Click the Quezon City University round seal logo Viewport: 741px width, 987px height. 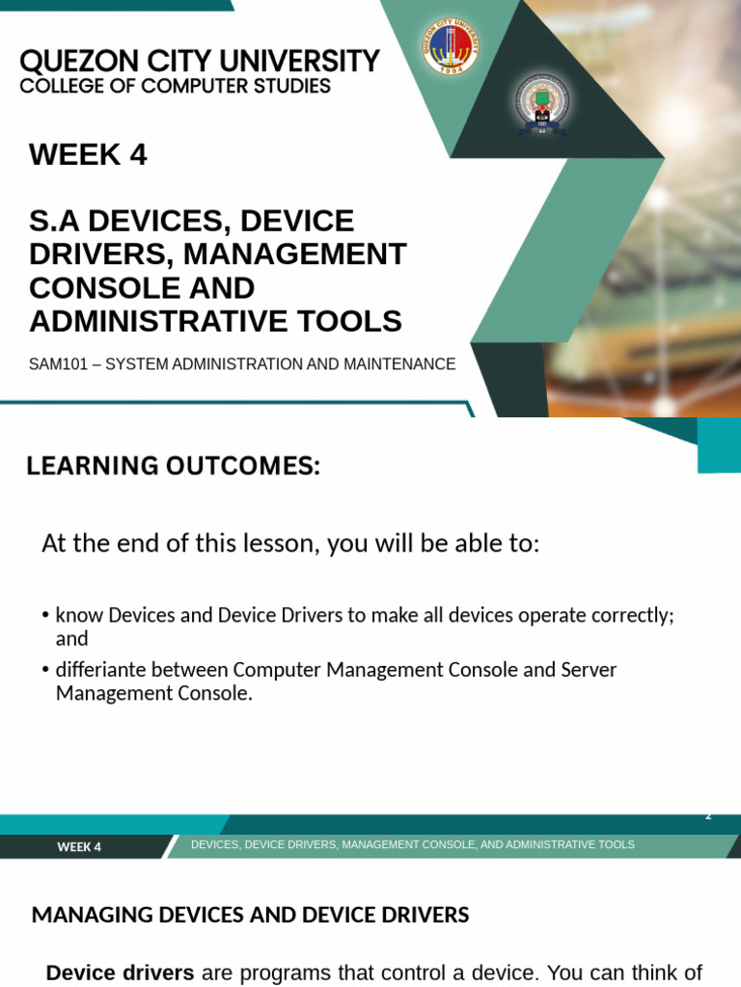(x=450, y=46)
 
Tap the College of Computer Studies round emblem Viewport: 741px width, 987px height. (x=542, y=104)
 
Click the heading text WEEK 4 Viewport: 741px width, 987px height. (x=88, y=154)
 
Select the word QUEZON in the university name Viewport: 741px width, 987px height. (x=67, y=62)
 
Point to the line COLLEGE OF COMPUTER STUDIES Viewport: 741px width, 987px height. (x=175, y=87)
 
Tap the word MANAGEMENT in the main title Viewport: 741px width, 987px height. (x=294, y=254)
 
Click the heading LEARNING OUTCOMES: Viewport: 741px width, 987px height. (x=173, y=467)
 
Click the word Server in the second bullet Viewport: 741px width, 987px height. (x=588, y=669)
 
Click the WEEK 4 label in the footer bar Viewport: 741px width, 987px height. (x=79, y=847)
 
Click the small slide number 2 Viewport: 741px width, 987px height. (x=708, y=815)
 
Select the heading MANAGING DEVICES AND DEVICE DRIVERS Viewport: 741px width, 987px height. (x=250, y=915)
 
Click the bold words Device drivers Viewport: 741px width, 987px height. (x=120, y=973)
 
